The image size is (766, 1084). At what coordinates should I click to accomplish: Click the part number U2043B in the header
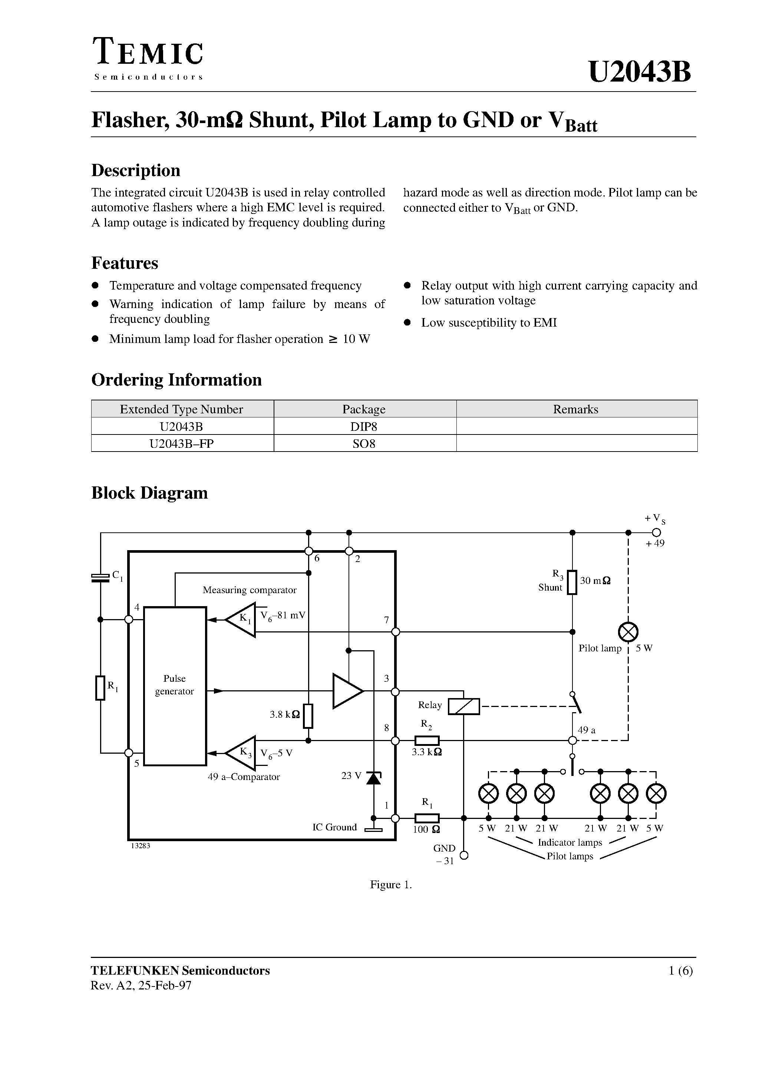tap(640, 72)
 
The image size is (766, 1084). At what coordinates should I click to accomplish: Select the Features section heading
tap(125, 263)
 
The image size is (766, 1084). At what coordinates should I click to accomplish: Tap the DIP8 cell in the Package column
tap(364, 426)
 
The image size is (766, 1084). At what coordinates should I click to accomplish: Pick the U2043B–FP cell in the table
tap(181, 443)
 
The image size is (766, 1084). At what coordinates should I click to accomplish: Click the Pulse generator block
tap(175, 685)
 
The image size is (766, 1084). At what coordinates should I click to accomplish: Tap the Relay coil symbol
tap(463, 706)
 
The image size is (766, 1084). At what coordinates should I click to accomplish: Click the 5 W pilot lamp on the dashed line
tap(628, 632)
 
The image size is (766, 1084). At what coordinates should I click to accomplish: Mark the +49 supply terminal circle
tap(656, 533)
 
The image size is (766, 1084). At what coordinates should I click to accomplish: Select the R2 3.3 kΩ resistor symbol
tap(426, 741)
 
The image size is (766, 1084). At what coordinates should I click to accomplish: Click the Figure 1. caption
tap(390, 885)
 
